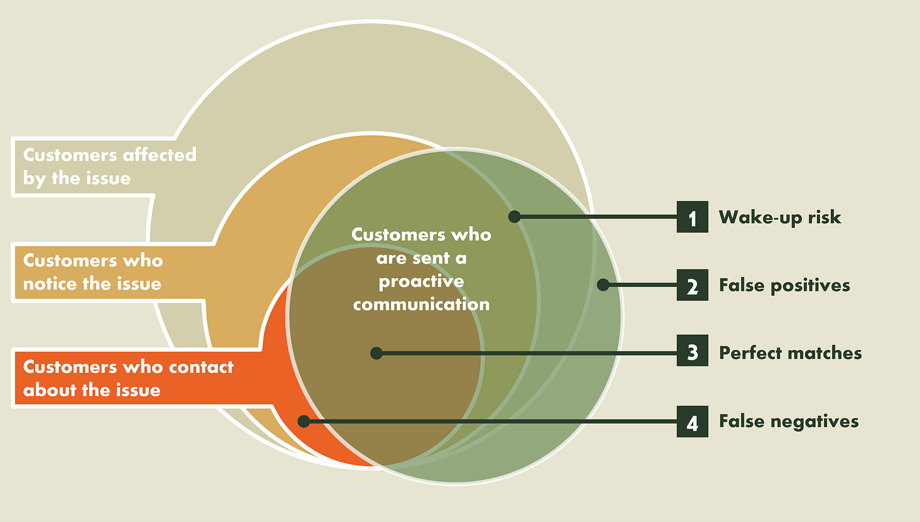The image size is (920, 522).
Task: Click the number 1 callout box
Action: click(x=692, y=217)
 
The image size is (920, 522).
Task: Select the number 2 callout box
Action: click(x=692, y=285)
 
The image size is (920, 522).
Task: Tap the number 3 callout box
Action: click(x=692, y=353)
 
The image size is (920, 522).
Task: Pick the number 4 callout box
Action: click(x=692, y=422)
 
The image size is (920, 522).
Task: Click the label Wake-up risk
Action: click(x=780, y=217)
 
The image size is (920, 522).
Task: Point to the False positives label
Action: click(x=784, y=285)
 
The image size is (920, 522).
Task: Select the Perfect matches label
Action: click(x=790, y=353)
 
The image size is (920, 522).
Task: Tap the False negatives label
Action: click(x=789, y=422)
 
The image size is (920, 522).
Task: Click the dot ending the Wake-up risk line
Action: click(x=514, y=217)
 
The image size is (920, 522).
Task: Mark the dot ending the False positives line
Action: click(x=603, y=285)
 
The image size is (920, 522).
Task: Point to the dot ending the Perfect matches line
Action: click(x=376, y=353)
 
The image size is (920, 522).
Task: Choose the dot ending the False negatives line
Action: click(x=304, y=422)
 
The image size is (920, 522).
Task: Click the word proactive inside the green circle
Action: click(x=421, y=281)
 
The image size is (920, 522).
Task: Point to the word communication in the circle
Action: click(x=421, y=304)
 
